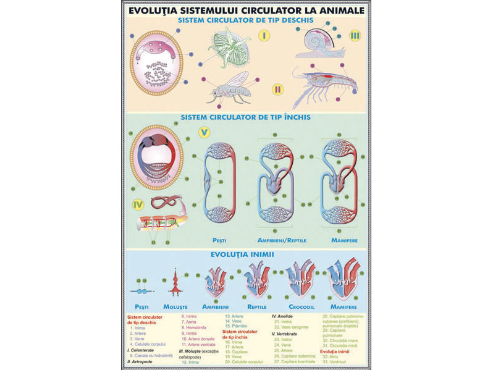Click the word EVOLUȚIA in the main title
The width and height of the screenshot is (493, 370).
(x=160, y=10)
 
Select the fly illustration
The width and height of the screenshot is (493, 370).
(x=230, y=88)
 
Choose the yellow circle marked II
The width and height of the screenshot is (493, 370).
(x=277, y=90)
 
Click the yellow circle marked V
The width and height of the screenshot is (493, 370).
(x=204, y=132)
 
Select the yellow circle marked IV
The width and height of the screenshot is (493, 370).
(x=138, y=204)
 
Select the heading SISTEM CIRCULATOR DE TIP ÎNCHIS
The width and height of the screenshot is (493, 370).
(x=245, y=116)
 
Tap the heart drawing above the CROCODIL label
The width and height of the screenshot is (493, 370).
(x=303, y=282)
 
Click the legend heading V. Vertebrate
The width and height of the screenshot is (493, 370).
(x=289, y=334)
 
